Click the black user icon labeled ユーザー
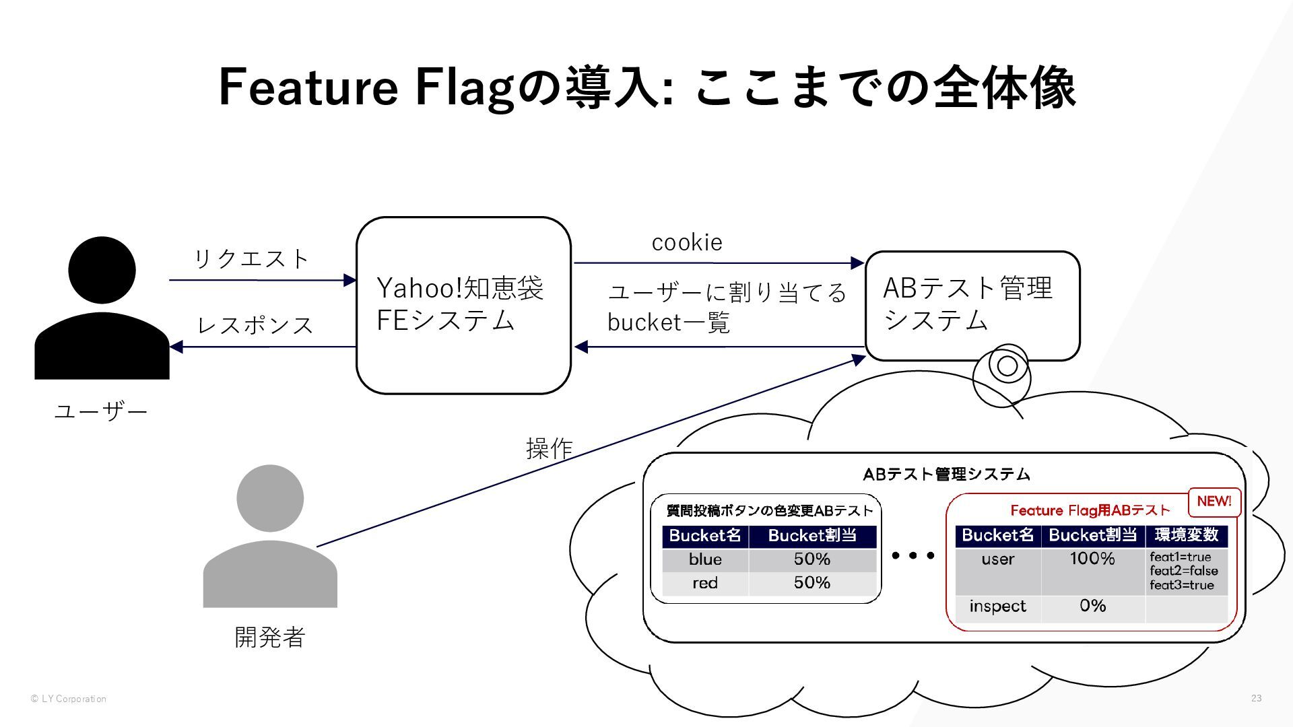pos(102,310)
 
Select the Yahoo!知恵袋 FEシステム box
pos(463,305)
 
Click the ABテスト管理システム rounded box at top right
pos(972,306)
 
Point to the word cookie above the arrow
pos(687,242)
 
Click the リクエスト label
pos(252,258)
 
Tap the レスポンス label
pos(255,325)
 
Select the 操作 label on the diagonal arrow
pos(549,448)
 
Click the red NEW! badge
pos(1214,501)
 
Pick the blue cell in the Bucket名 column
pos(705,559)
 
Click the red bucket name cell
pos(705,584)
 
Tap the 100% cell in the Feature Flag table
pos(1092,559)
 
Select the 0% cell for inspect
pos(1092,606)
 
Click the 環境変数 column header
pos(1187,535)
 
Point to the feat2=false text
pos(1184,571)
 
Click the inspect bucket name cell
pos(997,607)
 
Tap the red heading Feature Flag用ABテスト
pos(1090,510)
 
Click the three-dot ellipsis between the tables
pos(913,555)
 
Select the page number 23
pos(1256,698)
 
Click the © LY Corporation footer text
pos(69,699)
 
